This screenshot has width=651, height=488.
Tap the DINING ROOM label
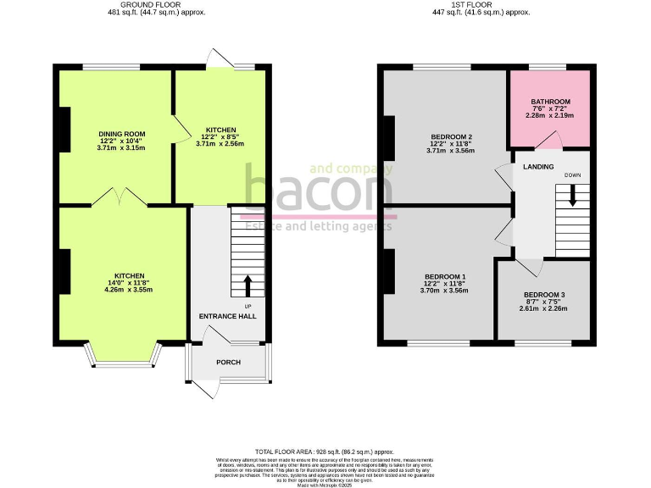[123, 134]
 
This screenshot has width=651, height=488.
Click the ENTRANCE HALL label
[227, 316]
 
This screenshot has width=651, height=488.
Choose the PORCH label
[228, 363]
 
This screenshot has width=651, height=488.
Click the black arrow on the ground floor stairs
[248, 284]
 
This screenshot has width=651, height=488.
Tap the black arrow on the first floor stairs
[572, 196]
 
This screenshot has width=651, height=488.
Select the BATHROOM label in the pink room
[550, 103]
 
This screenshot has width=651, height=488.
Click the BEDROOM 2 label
[450, 137]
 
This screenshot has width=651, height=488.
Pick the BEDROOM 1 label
[445, 277]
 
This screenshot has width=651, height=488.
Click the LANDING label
[538, 167]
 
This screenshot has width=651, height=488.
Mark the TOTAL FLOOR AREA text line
[325, 452]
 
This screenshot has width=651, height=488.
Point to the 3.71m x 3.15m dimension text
[123, 148]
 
